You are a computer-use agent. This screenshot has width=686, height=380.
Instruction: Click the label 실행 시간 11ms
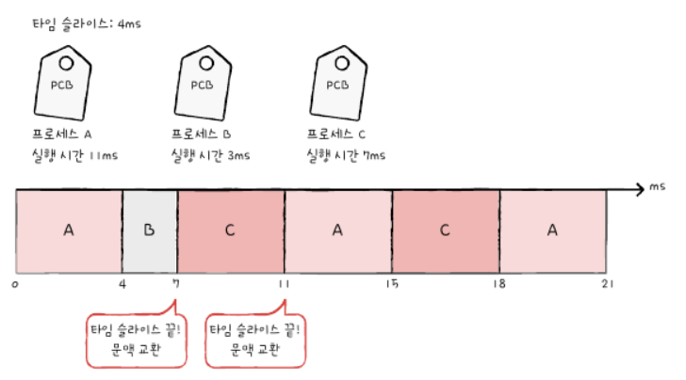click(73, 154)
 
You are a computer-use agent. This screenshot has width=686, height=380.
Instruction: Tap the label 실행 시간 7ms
click(345, 154)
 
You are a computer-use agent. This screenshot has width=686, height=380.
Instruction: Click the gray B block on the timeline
click(150, 230)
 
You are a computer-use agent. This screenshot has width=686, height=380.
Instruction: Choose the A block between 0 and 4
click(69, 230)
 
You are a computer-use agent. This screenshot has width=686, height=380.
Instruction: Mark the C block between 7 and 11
click(231, 230)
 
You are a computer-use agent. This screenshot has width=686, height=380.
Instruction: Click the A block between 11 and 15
click(338, 230)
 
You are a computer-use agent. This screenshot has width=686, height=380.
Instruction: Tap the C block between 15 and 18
click(446, 230)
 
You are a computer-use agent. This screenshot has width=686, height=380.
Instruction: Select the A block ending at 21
click(553, 230)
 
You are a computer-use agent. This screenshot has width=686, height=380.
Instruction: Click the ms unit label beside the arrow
click(657, 189)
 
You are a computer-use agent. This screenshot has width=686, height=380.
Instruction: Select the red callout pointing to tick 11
click(256, 340)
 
